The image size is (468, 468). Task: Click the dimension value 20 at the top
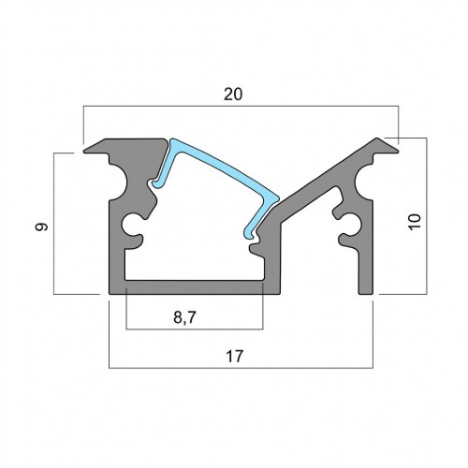233,95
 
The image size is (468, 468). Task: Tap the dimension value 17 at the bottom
234,357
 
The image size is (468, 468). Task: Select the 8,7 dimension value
184,318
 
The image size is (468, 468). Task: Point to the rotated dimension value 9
41,227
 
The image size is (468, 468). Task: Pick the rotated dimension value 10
415,222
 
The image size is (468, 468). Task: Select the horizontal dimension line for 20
241,107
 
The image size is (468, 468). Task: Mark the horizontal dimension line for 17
241,368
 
